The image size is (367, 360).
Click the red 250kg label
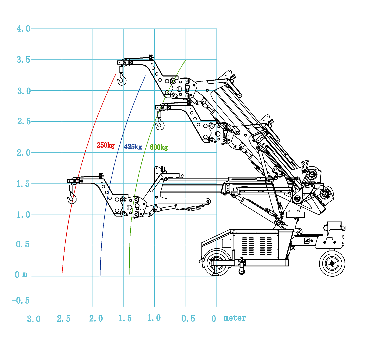click(x=105, y=145)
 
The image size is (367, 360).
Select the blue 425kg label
click(x=133, y=147)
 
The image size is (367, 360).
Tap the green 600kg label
click(x=159, y=147)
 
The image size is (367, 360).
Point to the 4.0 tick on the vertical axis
click(x=23, y=29)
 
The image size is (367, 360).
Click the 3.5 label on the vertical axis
click(x=23, y=60)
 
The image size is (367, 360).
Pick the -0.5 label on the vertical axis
click(x=20, y=301)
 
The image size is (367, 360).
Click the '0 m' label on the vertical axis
click(x=21, y=275)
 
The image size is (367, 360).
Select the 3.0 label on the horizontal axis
click(x=34, y=319)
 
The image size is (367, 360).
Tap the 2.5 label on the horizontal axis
click(x=64, y=319)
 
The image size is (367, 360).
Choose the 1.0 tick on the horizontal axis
click(x=154, y=318)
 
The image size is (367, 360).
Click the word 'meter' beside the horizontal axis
click(x=235, y=318)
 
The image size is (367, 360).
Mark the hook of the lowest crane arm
click(x=72, y=199)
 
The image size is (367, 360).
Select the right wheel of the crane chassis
click(x=332, y=263)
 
